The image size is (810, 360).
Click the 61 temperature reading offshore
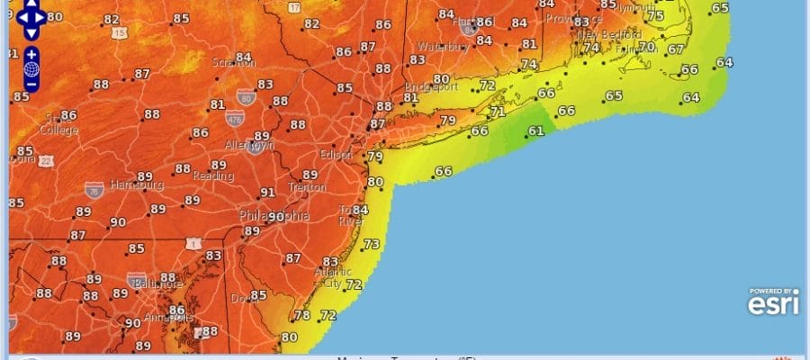coord(535,131)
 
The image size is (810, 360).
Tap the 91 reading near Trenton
coord(267,193)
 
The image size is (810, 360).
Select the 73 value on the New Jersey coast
coord(371,245)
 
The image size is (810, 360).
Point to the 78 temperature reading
coord(302,316)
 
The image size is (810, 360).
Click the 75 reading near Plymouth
coord(655,16)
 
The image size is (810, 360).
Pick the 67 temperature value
coord(676,49)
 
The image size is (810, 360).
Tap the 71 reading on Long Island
coord(498,112)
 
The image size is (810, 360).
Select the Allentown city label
coord(248,145)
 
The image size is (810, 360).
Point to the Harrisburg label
coord(136,185)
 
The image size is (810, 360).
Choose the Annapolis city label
coord(167,318)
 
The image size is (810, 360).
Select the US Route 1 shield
coord(193,244)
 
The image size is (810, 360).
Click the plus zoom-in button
coord(31,54)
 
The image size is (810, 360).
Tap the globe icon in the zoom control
coord(31,69)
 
